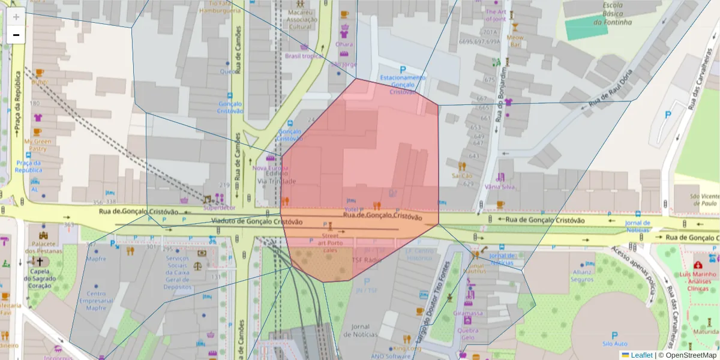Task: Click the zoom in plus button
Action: click(16, 17)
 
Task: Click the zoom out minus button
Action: click(16, 35)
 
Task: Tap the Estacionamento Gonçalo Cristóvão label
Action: click(403, 85)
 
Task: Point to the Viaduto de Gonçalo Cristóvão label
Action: click(255, 221)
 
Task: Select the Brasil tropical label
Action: click(304, 56)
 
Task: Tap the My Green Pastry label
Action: click(38, 145)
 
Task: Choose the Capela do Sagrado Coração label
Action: click(40, 278)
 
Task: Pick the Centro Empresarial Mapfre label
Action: click(96, 301)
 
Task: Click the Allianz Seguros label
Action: click(582, 275)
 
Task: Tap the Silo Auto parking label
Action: click(614, 343)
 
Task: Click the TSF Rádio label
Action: click(367, 260)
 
